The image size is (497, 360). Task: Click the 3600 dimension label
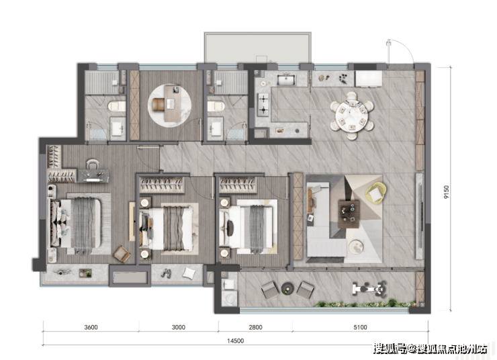coord(91,327)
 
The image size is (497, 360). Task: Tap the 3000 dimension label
coord(179,327)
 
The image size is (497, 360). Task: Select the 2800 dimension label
coord(255,327)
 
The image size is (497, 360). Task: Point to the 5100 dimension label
coord(361,327)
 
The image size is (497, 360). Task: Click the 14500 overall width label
coord(236,341)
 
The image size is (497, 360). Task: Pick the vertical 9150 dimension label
coord(447,192)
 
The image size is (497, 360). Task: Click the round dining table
coord(352,116)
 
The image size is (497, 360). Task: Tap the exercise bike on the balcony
coord(369,289)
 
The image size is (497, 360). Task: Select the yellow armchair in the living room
coord(376,192)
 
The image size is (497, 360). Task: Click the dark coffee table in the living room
coord(349,214)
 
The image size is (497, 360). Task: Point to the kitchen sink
coord(286,79)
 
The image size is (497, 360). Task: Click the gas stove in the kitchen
coord(263,105)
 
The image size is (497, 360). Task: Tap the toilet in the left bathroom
coord(116,105)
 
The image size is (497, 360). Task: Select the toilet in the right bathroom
coord(216,105)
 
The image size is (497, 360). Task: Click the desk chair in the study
coord(159,104)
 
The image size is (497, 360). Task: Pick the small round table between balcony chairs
coord(288,288)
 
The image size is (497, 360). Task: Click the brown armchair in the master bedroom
coord(122,254)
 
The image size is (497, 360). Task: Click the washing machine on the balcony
coord(229,298)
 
